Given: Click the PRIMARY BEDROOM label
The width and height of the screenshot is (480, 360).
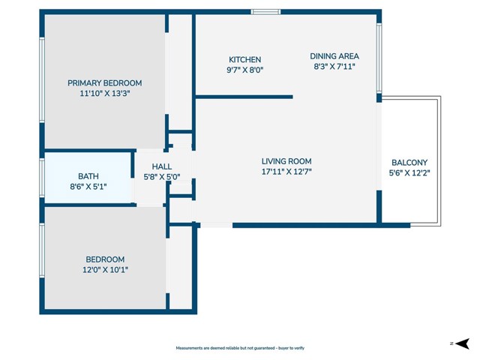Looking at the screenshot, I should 104,82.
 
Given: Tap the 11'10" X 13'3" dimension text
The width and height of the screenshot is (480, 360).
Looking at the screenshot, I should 104,94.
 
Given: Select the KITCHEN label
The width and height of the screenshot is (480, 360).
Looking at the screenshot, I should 245,60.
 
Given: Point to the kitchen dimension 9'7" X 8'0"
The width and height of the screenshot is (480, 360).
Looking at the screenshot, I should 245,70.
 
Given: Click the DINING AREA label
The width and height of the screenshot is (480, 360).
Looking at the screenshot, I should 335,56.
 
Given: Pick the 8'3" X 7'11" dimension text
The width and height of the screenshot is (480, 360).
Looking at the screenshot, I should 335,66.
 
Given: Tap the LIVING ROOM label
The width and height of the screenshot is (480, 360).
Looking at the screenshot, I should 286,161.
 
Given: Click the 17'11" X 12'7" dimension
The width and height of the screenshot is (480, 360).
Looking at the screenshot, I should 286,172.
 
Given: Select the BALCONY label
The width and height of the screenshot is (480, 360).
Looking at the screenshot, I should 409,163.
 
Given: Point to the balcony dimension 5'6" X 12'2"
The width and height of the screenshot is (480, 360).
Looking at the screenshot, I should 409,172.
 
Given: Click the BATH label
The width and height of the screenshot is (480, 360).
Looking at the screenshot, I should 88,175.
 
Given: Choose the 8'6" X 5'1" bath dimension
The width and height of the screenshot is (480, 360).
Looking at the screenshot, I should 88,186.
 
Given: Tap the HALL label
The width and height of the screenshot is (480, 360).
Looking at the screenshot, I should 162,167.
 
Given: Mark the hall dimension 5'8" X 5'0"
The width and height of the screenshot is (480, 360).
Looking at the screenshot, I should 162,177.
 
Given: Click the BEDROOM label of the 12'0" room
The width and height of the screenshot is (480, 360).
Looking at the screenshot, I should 104,259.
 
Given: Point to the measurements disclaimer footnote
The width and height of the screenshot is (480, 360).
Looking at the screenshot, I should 240,348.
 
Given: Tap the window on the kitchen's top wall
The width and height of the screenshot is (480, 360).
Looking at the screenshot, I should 265,11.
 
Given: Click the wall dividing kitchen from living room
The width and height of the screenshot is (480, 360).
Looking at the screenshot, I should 244,96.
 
